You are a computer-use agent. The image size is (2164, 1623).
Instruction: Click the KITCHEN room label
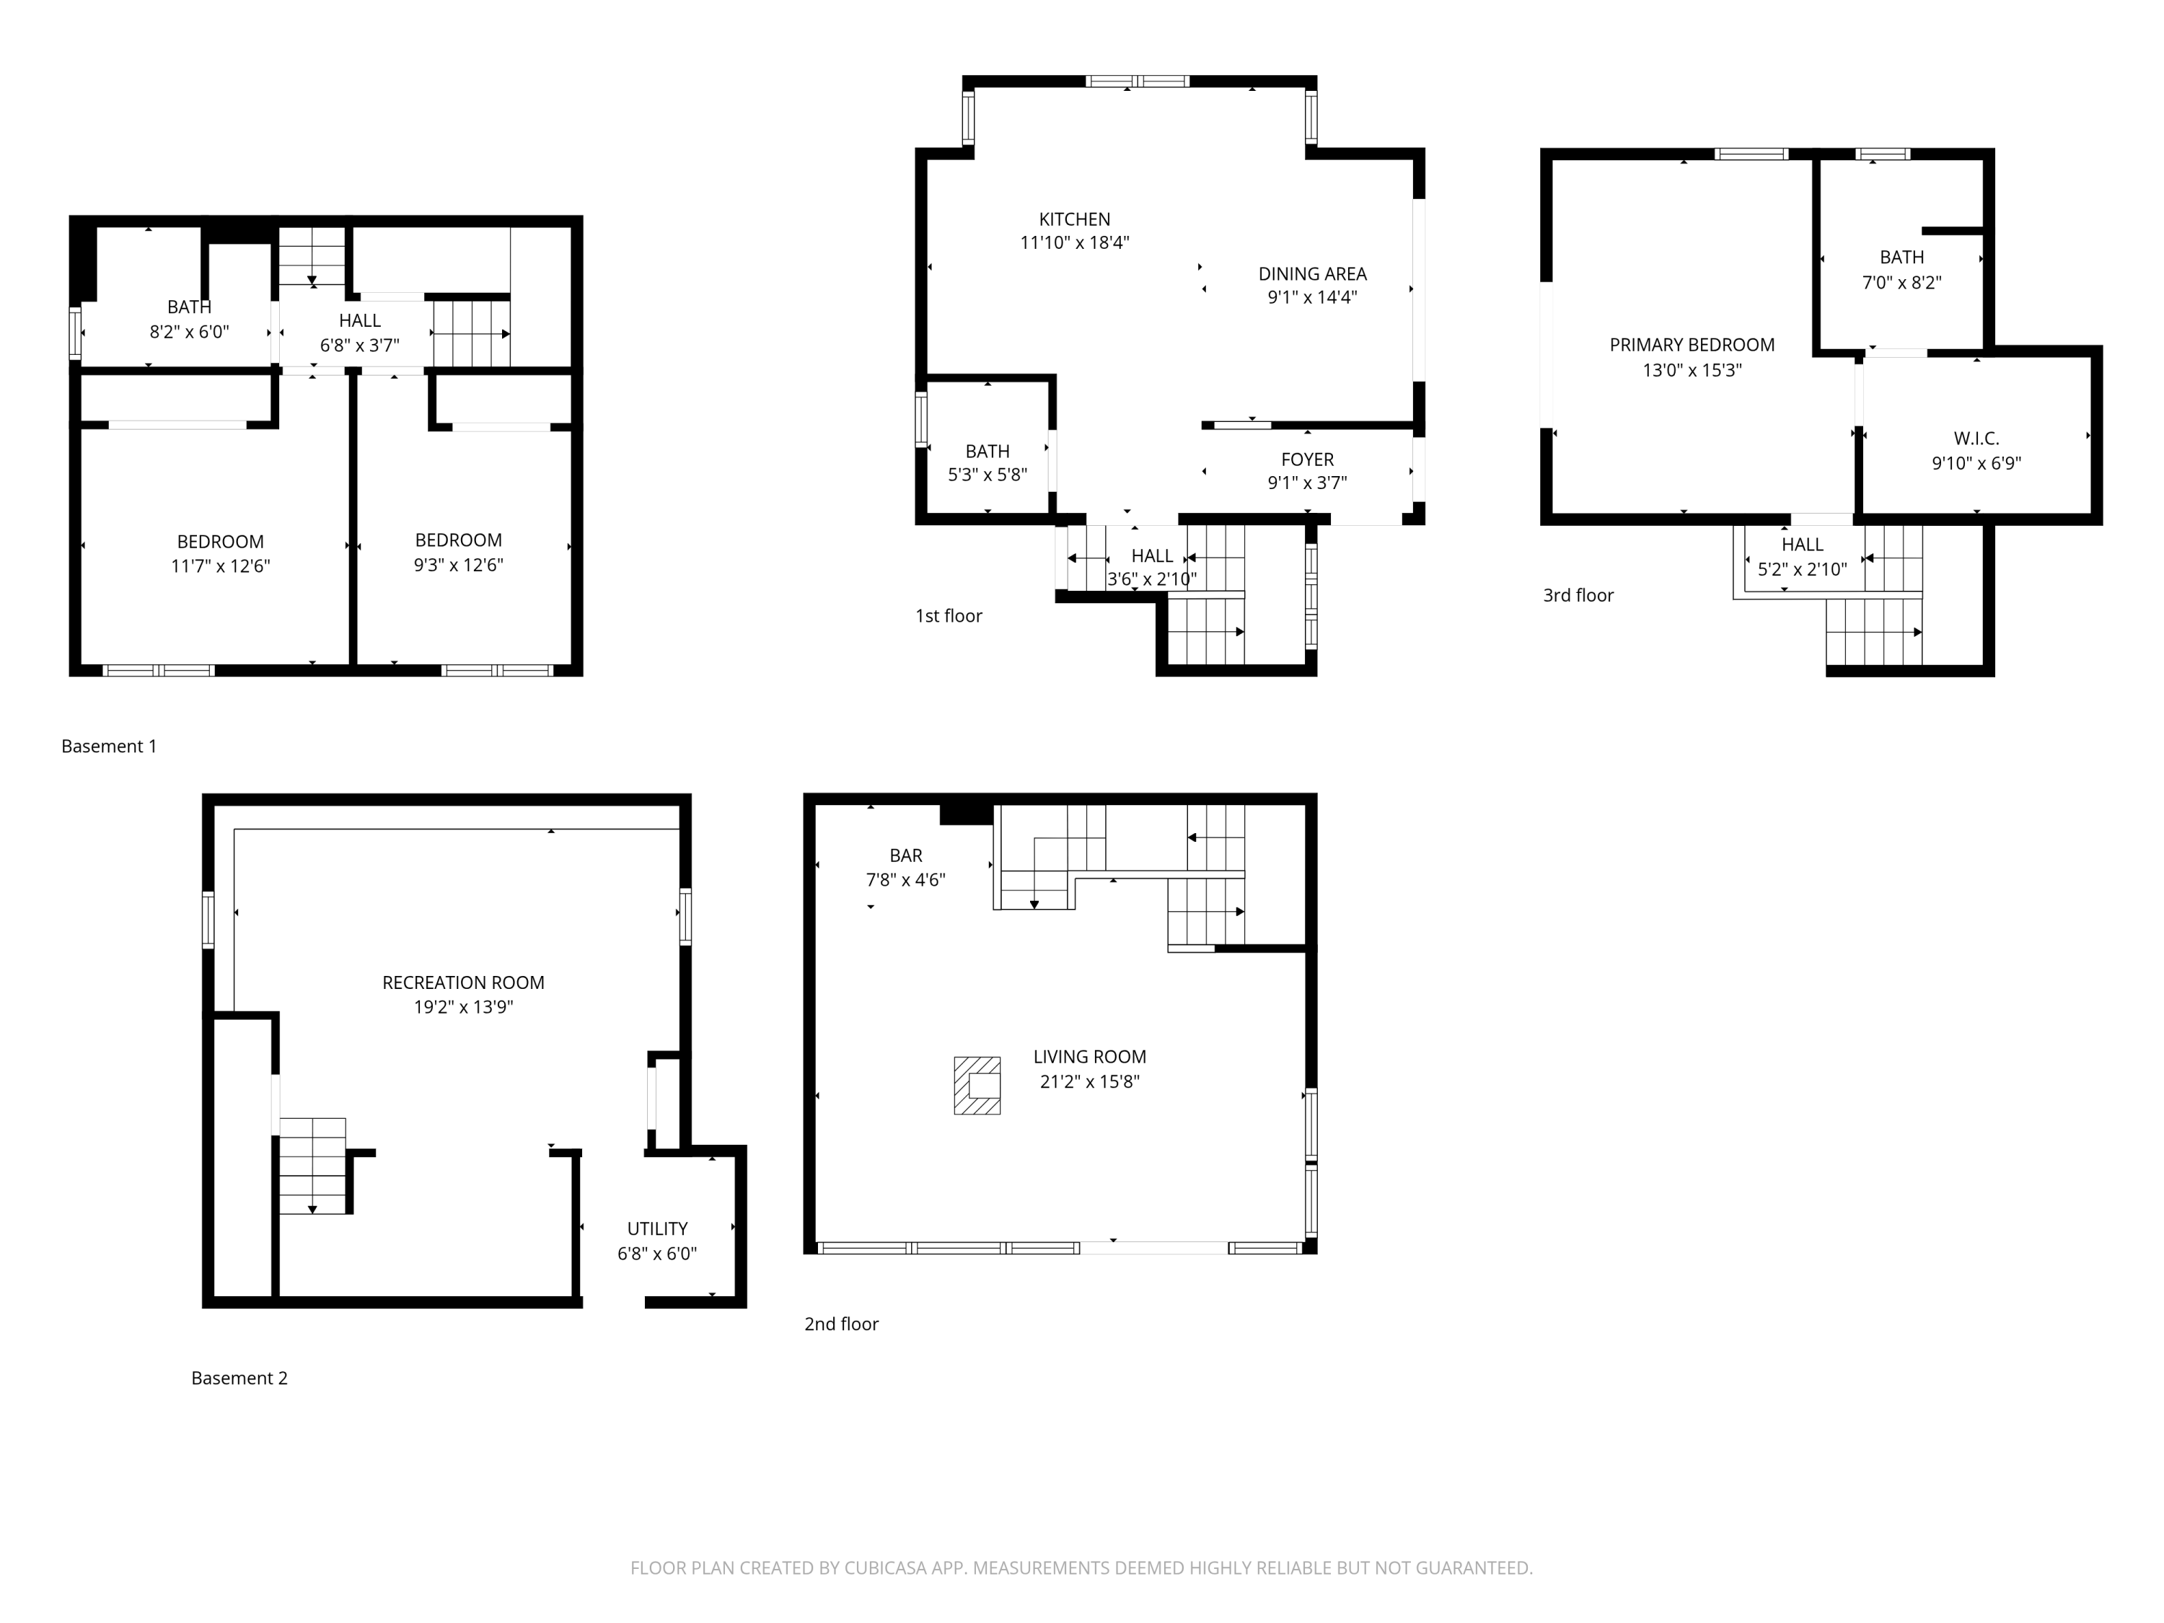click(x=1074, y=219)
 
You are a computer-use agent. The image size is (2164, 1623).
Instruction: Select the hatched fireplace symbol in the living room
click(x=977, y=1085)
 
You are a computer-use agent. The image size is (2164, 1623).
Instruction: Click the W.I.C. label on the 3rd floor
click(x=1976, y=439)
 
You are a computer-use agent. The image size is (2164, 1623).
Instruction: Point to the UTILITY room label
click(x=656, y=1228)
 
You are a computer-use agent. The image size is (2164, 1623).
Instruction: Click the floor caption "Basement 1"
click(x=109, y=747)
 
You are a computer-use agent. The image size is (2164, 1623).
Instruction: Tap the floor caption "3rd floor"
click(x=1578, y=595)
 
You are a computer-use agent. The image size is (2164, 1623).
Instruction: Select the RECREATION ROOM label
click(x=463, y=982)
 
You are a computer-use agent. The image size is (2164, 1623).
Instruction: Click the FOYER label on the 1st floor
click(x=1307, y=459)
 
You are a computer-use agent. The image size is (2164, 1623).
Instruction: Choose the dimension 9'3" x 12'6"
click(x=458, y=565)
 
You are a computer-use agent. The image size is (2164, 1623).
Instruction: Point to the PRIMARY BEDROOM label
click(x=1692, y=344)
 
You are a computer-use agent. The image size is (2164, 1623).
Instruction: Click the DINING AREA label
click(x=1312, y=274)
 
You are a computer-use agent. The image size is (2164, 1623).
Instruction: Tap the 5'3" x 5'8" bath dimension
click(x=987, y=475)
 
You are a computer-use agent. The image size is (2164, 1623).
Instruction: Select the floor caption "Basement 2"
click(x=239, y=1378)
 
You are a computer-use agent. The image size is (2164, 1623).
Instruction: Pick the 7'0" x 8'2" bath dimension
click(x=1901, y=283)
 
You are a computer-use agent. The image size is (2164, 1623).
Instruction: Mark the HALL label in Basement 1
click(x=359, y=320)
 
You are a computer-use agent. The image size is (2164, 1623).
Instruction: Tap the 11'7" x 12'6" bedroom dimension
click(x=220, y=566)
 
